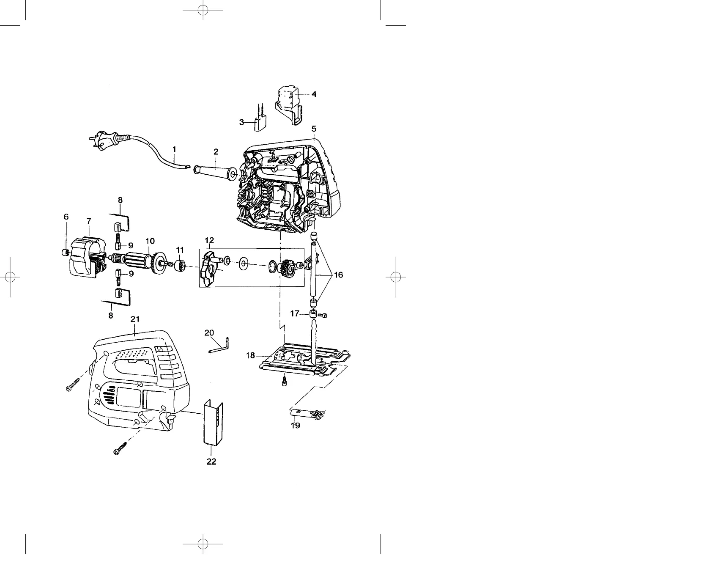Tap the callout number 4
coord(314,94)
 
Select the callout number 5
coord(314,128)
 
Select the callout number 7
coord(89,221)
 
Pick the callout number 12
coord(209,241)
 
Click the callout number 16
coord(339,275)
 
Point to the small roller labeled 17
coord(313,315)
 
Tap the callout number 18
coord(251,356)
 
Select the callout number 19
coord(296,426)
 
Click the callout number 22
coord(211,462)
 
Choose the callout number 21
coord(135,319)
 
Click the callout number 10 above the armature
coord(150,241)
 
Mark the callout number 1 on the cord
coord(174,149)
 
